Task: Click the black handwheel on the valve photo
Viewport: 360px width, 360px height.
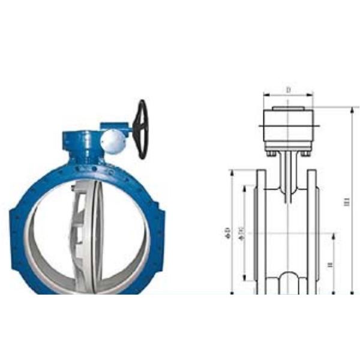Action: point(142,129)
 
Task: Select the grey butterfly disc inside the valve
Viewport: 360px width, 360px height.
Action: point(90,237)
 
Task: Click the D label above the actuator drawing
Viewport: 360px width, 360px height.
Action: point(288,91)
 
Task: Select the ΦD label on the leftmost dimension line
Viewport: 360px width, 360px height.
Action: point(227,231)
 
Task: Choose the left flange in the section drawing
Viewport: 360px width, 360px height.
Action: point(262,231)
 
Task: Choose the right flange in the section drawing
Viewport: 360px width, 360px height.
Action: point(313,231)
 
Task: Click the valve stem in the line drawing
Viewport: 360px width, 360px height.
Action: point(288,177)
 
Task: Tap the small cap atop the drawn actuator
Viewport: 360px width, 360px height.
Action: point(288,109)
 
